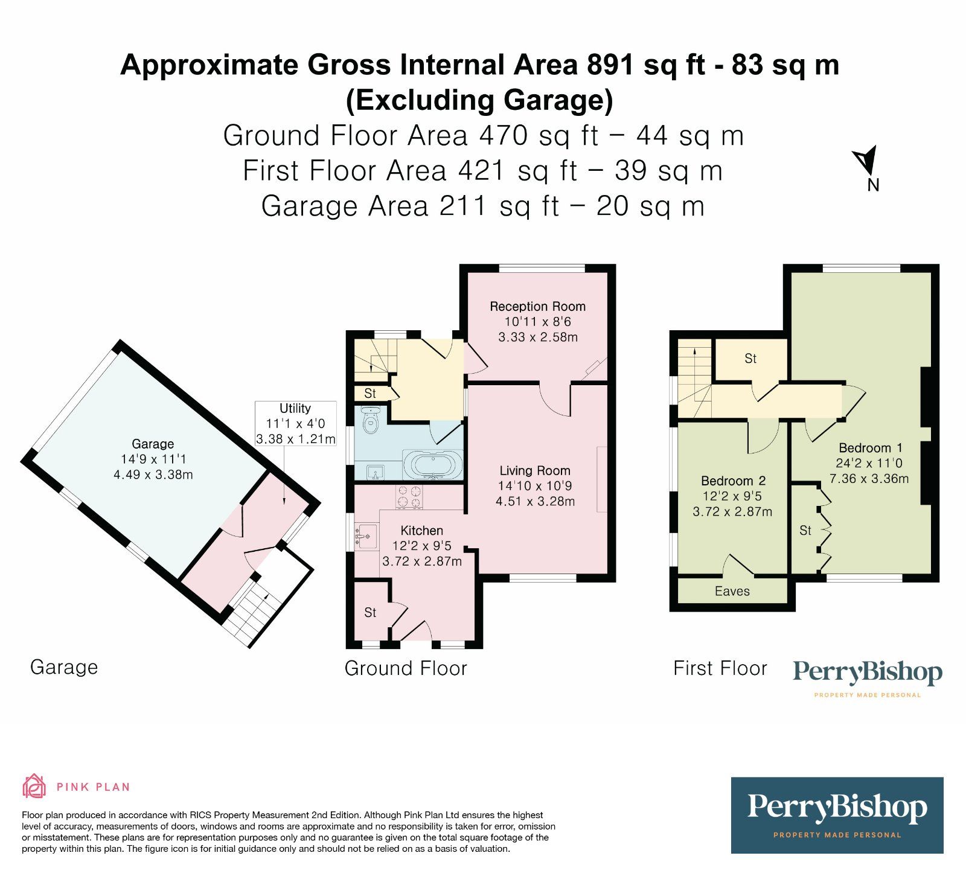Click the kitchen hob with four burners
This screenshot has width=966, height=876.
point(409,496)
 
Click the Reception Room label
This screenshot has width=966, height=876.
point(537,306)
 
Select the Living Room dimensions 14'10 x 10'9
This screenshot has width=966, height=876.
point(534,485)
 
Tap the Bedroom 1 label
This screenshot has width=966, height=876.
point(870,448)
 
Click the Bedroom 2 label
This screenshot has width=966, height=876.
point(733,481)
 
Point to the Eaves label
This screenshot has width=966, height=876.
point(732,591)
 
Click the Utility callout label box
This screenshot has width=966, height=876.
point(295,423)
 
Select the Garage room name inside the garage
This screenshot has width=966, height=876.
point(153,444)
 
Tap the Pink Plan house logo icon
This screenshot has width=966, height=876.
point(34,786)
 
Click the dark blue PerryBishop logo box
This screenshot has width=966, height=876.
point(837,815)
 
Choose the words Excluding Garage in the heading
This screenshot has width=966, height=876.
point(479,100)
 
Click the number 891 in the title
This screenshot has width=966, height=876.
point(611,65)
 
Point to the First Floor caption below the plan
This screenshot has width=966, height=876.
point(720,668)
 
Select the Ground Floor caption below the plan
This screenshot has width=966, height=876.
point(406,668)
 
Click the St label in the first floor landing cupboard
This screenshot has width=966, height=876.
point(750,359)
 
